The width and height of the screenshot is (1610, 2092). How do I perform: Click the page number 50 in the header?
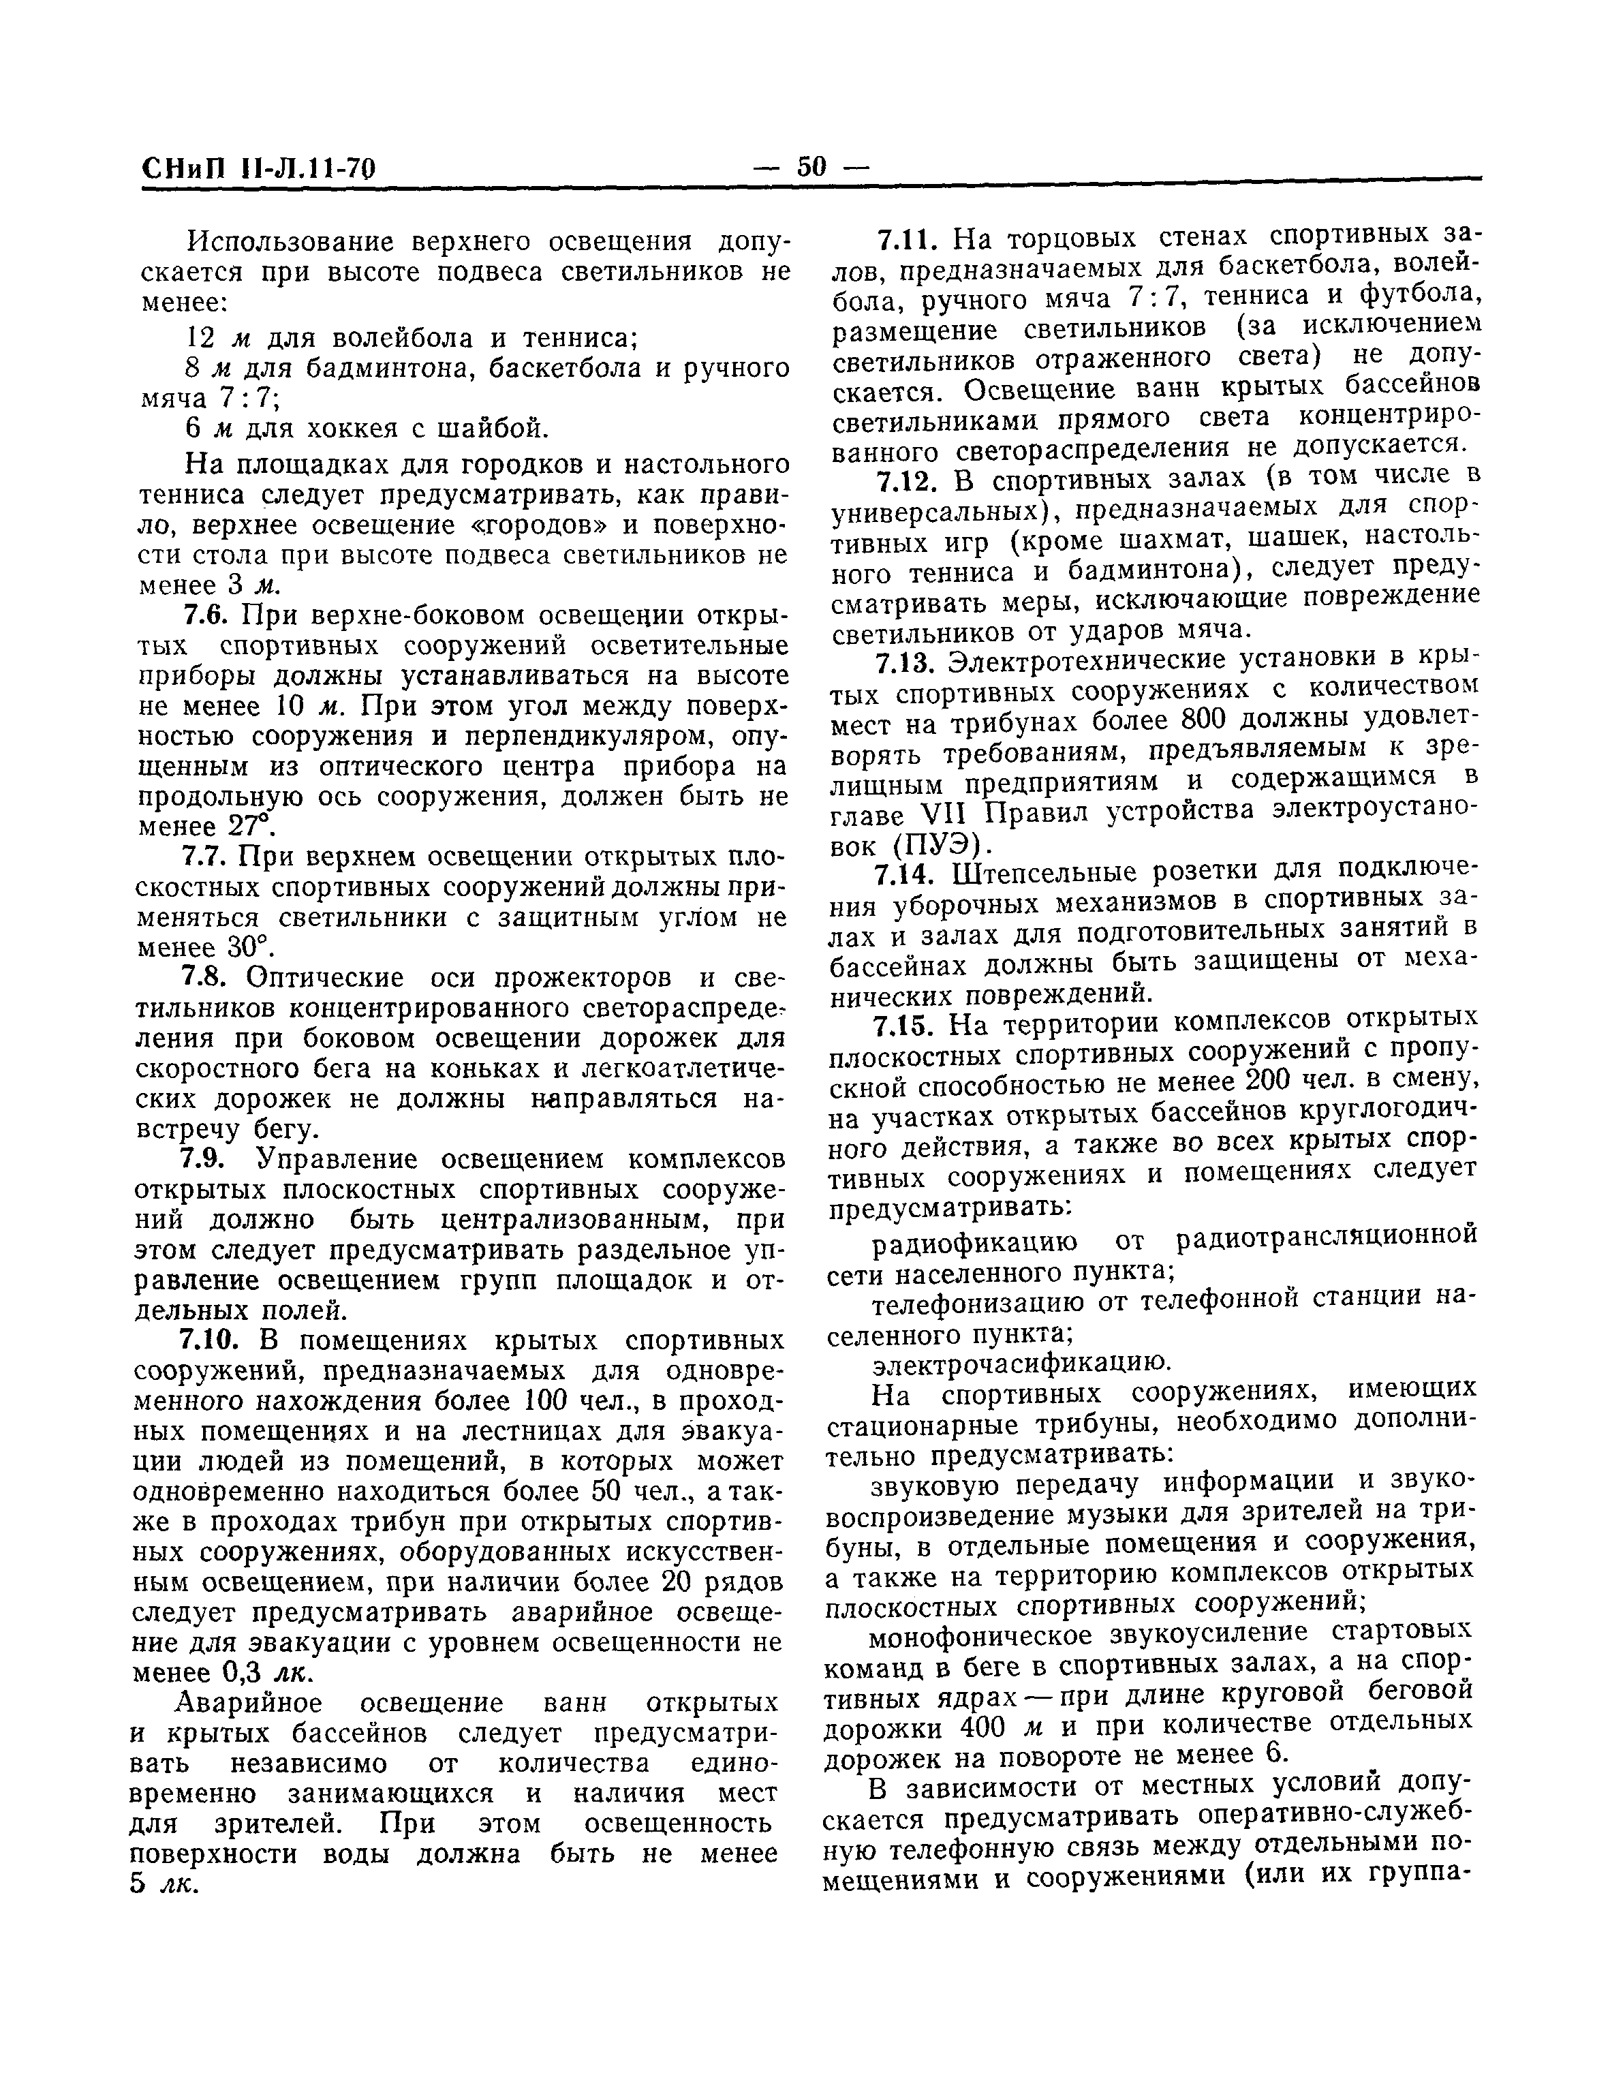pos(809,168)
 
